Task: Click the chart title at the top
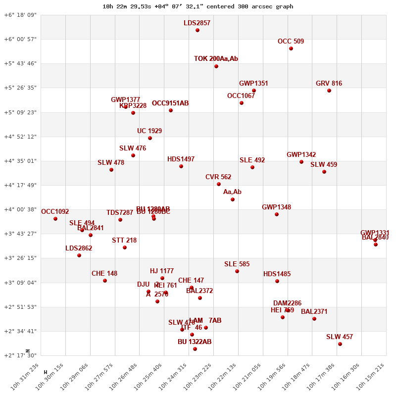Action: [198, 6]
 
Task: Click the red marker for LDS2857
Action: [198, 30]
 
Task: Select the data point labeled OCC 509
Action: [291, 49]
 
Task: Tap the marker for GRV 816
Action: [329, 91]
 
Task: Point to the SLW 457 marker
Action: [340, 344]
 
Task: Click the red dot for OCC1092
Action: [55, 219]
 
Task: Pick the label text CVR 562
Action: [218, 177]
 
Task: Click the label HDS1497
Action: [181, 159]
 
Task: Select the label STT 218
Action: [124, 241]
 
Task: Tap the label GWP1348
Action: [276, 207]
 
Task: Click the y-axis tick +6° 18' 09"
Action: [20, 15]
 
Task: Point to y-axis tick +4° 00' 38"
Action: [20, 209]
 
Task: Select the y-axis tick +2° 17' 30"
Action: [20, 355]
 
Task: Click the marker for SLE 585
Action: [237, 271]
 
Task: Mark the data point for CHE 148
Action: [105, 281]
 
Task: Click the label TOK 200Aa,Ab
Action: [216, 59]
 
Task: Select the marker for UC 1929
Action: [150, 138]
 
